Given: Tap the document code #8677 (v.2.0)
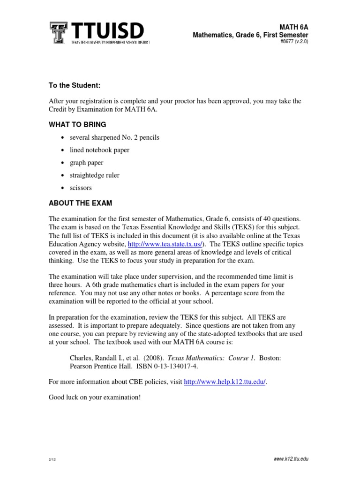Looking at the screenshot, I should coord(293,42).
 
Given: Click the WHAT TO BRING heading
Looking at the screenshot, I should coord(77,124).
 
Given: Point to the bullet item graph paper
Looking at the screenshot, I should coord(87,163).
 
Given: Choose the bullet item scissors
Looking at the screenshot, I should coord(81,188).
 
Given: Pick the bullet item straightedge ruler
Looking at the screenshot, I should coord(95,175).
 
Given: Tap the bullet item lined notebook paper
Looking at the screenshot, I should coord(99,150).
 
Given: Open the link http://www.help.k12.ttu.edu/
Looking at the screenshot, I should coord(225,382).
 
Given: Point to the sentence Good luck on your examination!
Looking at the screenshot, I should coord(95,397).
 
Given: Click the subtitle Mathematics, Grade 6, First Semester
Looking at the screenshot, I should coord(250,35).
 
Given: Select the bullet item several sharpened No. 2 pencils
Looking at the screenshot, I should coord(114,137).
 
